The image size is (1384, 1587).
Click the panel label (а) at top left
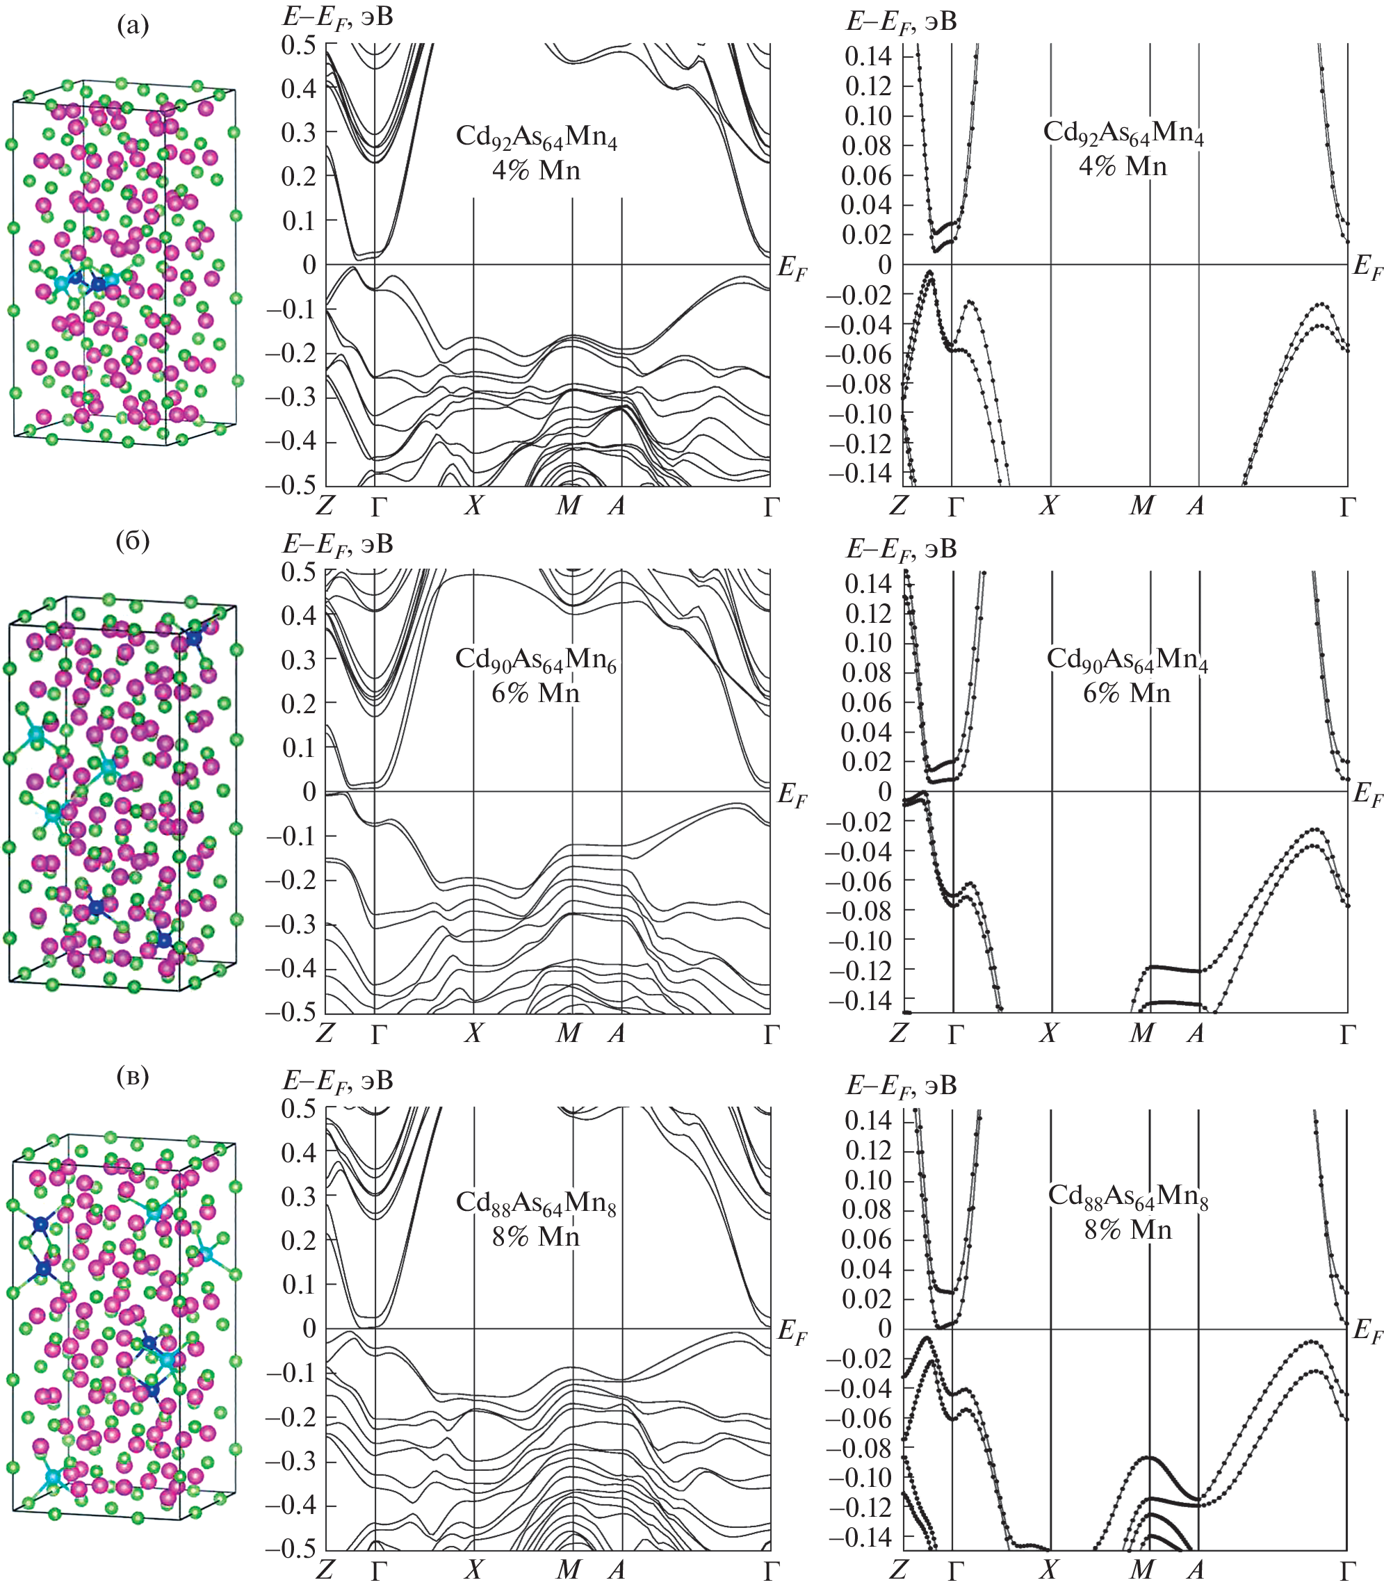(x=132, y=26)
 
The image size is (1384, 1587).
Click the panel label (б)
(x=132, y=541)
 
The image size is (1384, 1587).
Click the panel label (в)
(x=132, y=1076)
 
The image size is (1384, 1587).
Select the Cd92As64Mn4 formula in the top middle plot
(x=536, y=137)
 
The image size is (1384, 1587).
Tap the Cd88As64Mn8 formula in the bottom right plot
(x=1127, y=1196)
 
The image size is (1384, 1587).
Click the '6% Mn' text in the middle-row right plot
(x=1126, y=693)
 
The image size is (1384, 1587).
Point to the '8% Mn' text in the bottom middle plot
(x=535, y=1237)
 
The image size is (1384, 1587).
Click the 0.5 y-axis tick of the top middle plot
(x=298, y=44)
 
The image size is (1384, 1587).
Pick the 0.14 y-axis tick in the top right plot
(x=869, y=56)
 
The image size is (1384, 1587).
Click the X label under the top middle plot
(x=473, y=505)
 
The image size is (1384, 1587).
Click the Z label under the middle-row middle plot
(x=325, y=1032)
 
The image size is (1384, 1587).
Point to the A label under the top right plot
(x=1196, y=505)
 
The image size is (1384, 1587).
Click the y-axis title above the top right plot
(x=902, y=22)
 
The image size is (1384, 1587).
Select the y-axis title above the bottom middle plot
(x=338, y=1080)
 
